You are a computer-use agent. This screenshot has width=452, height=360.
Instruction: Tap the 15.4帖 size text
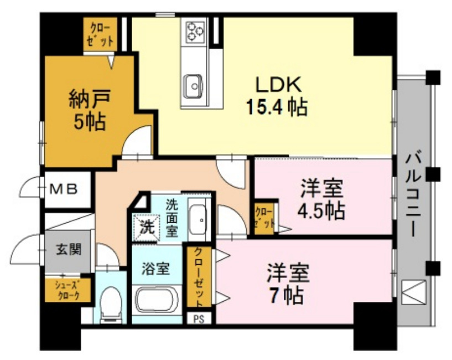pos(277,107)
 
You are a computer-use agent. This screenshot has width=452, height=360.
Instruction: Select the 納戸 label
pos(87,100)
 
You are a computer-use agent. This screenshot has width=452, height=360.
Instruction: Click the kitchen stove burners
pos(194,31)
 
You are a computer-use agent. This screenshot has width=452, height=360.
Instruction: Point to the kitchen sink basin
pos(194,85)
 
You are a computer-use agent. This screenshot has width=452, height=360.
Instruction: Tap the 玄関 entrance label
pos(67,249)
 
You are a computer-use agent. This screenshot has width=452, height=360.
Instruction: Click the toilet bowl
pos(112,303)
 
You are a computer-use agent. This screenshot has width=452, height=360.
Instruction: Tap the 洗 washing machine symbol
pos(147,226)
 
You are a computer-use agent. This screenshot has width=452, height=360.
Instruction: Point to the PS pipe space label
pos(198,318)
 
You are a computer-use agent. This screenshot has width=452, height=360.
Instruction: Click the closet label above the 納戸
pos(100,34)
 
